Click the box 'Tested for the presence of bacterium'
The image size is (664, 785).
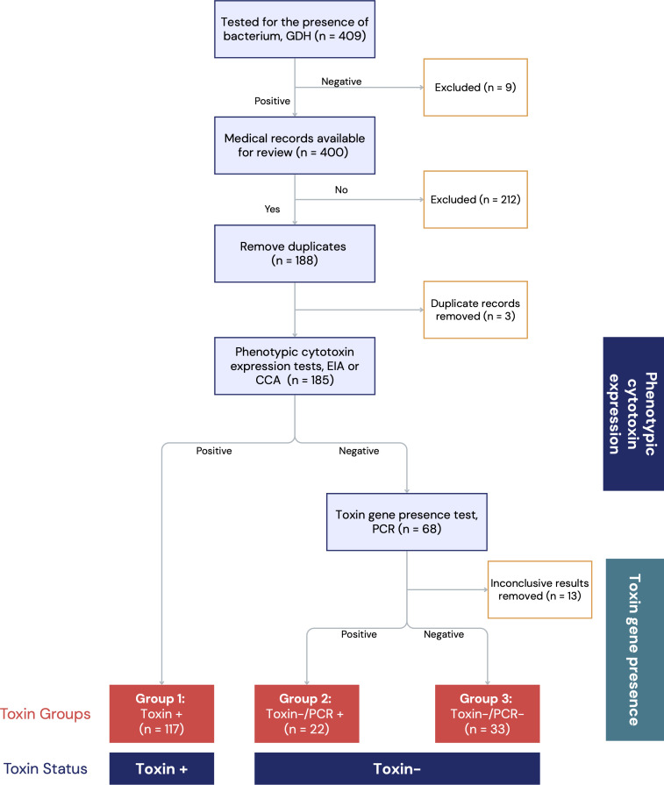(x=295, y=29)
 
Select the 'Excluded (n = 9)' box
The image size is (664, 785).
(x=475, y=88)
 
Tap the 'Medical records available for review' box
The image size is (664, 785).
(x=295, y=146)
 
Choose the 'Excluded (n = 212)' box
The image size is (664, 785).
(x=475, y=200)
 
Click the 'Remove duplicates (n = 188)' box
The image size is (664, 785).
(x=295, y=253)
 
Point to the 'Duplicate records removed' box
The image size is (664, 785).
(x=475, y=310)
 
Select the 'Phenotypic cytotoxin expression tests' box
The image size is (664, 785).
(x=295, y=366)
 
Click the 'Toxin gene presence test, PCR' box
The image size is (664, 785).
(x=407, y=522)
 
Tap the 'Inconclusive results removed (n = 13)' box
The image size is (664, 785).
(x=539, y=589)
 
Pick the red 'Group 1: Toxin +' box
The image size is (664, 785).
(x=161, y=714)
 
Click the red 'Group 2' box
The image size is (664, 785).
(x=306, y=714)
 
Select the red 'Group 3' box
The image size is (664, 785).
(x=487, y=714)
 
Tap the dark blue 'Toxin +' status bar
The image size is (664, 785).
(x=161, y=768)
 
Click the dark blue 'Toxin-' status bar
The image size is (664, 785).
(x=397, y=768)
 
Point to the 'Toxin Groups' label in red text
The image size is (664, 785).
(x=46, y=714)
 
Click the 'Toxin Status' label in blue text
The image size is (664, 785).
(x=46, y=768)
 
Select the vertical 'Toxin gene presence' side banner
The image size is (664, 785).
(x=635, y=650)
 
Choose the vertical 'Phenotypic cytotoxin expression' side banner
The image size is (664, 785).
(x=633, y=414)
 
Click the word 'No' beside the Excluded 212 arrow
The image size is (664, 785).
(x=341, y=189)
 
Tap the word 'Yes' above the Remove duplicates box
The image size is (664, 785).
(x=272, y=209)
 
